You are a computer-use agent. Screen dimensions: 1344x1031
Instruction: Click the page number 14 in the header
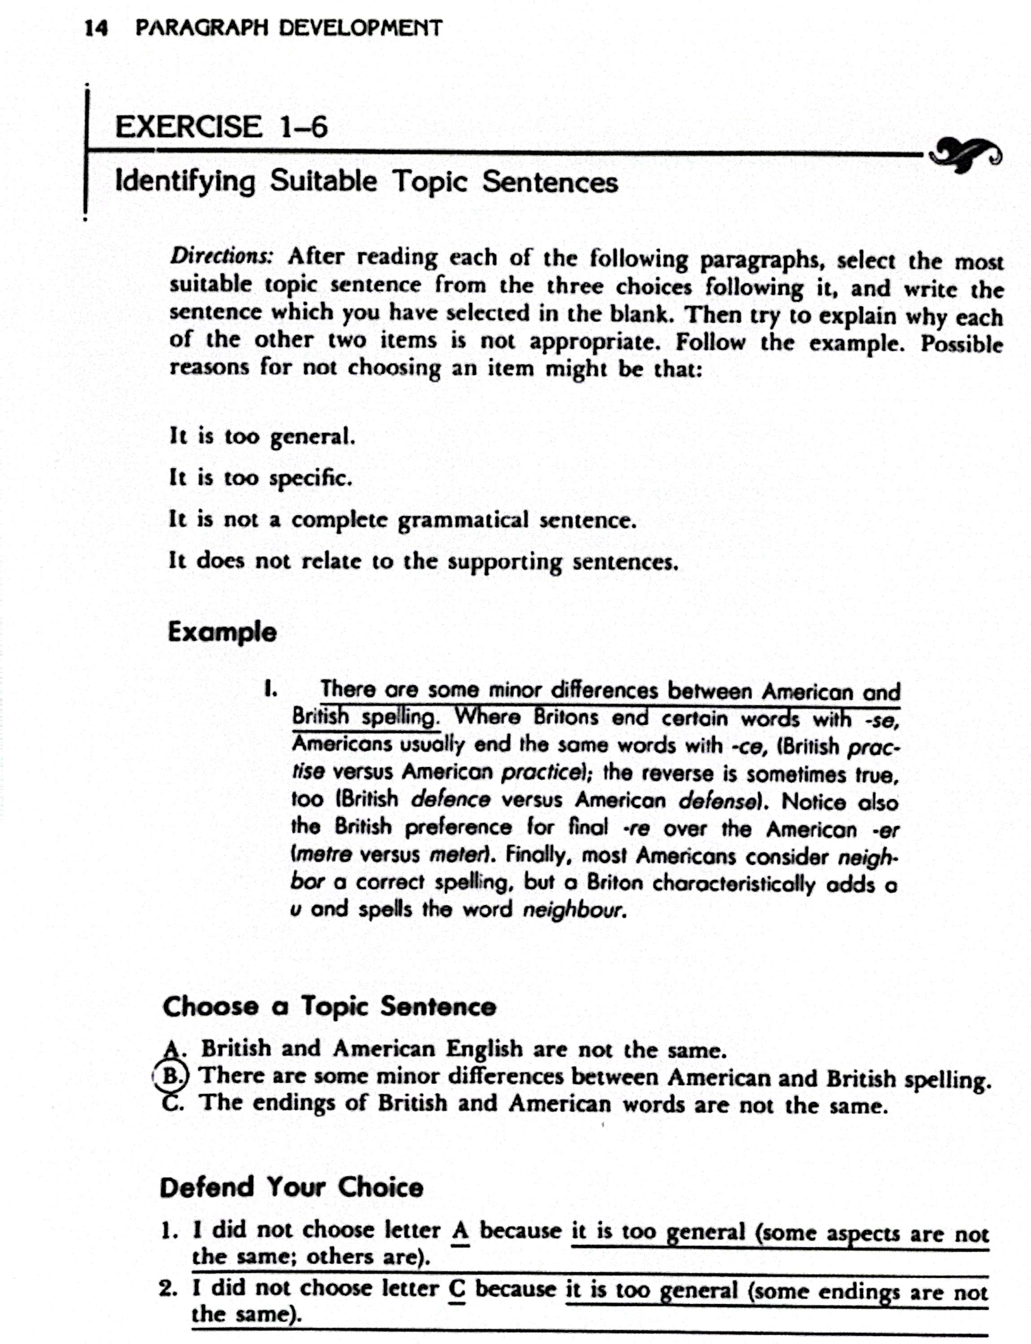coord(96,28)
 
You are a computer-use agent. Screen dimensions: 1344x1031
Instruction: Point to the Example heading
coord(222,632)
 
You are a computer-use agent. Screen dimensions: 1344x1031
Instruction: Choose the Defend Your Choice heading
coord(291,1187)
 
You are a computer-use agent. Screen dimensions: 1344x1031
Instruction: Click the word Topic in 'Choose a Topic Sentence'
coord(334,1007)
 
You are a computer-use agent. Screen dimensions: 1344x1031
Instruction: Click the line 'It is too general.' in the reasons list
coord(262,436)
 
